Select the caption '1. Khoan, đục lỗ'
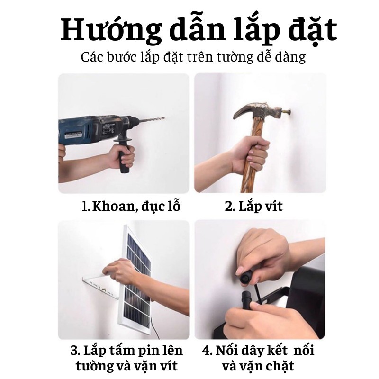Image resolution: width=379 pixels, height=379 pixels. click(131, 207)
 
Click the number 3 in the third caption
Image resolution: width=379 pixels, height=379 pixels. click(74, 351)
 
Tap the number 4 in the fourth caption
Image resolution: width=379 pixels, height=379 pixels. click(207, 351)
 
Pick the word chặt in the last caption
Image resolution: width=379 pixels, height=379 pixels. click(277, 366)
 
